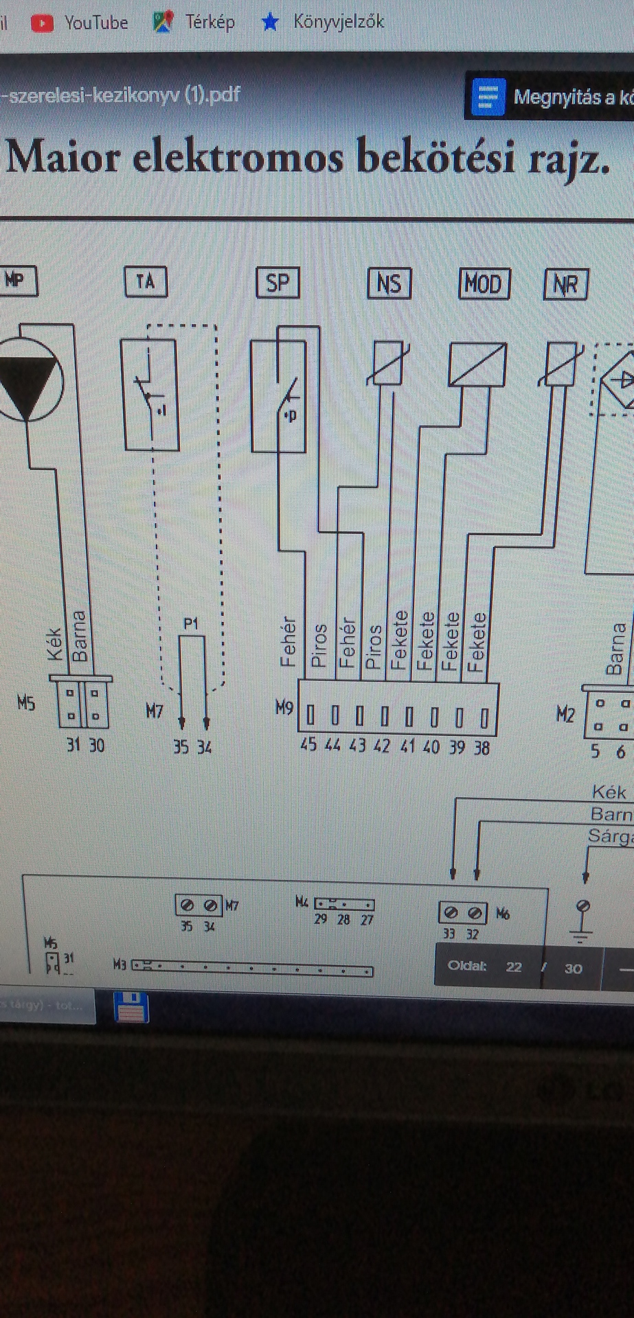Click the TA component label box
click(146, 281)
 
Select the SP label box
click(278, 283)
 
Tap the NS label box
click(389, 284)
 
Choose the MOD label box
click(484, 284)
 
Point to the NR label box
click(566, 284)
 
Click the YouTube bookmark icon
click(42, 23)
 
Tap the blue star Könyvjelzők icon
click(270, 23)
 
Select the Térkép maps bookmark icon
click(163, 23)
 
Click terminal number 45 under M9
click(308, 745)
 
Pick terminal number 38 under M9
click(482, 747)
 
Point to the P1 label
click(191, 623)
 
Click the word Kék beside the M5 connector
click(55, 644)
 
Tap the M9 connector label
click(284, 707)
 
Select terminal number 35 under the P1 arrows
click(181, 746)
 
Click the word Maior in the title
click(63, 157)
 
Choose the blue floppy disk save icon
click(131, 1008)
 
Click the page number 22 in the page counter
click(514, 967)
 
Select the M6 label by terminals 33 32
click(503, 914)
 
